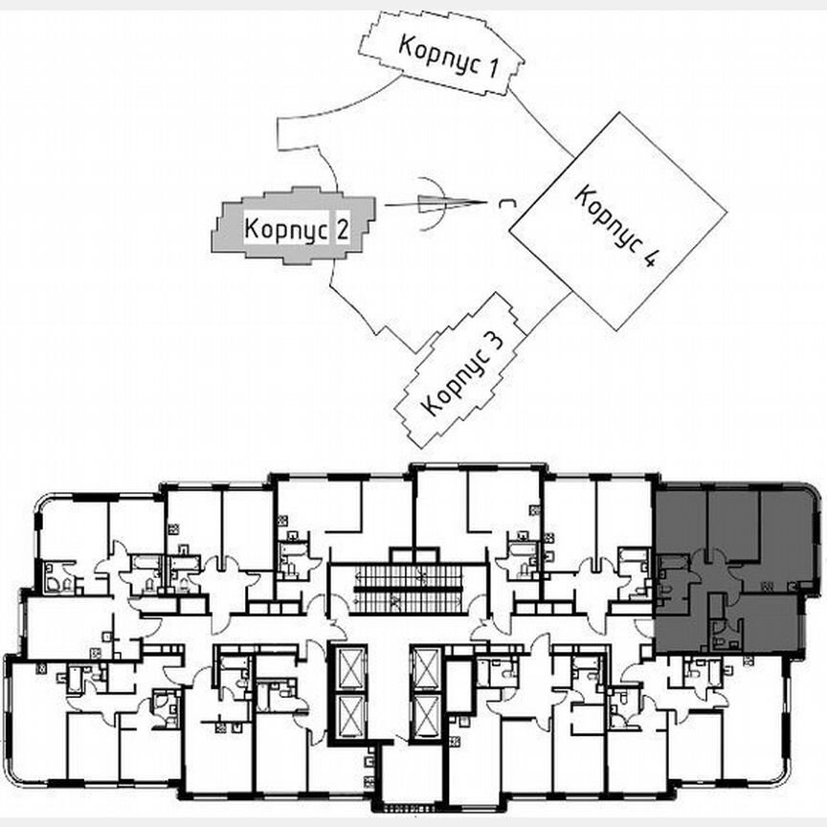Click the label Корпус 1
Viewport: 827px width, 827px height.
coord(448,55)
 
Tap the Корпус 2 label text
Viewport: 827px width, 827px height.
coord(295,230)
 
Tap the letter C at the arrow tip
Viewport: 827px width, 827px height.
coord(504,202)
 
